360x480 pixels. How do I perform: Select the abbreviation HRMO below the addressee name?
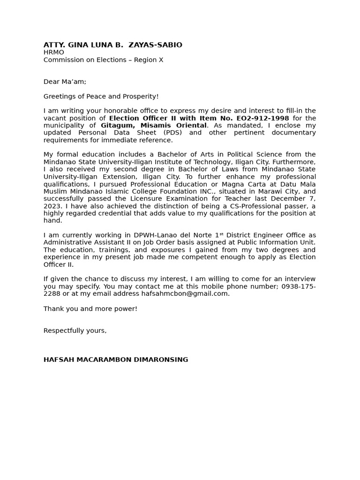coord(54,52)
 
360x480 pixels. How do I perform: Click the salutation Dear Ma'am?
coord(65,82)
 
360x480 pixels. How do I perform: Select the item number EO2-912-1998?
coord(262,118)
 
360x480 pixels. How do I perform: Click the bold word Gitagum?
coord(118,126)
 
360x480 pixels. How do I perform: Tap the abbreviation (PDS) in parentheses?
coord(172,133)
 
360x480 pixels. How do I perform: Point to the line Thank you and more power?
coord(90,309)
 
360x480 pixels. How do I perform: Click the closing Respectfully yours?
coord(75,330)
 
